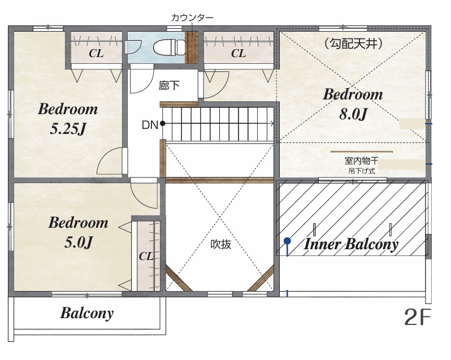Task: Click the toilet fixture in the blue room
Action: [x=169, y=47]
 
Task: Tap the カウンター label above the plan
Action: [x=192, y=18]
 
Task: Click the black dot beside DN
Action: [x=163, y=124]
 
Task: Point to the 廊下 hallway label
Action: [x=169, y=85]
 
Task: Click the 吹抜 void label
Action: [x=221, y=244]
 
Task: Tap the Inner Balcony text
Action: [x=351, y=244]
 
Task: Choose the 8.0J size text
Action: [x=353, y=114]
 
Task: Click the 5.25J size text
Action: [x=68, y=128]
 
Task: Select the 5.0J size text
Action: [x=78, y=242]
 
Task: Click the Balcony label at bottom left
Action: [x=87, y=313]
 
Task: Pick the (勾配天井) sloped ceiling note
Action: [x=353, y=44]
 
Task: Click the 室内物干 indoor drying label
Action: [x=361, y=161]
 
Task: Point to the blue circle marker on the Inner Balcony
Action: [x=287, y=241]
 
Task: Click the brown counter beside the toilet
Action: [x=191, y=47]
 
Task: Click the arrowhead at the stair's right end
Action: [x=271, y=124]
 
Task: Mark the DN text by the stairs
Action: [x=150, y=125]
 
